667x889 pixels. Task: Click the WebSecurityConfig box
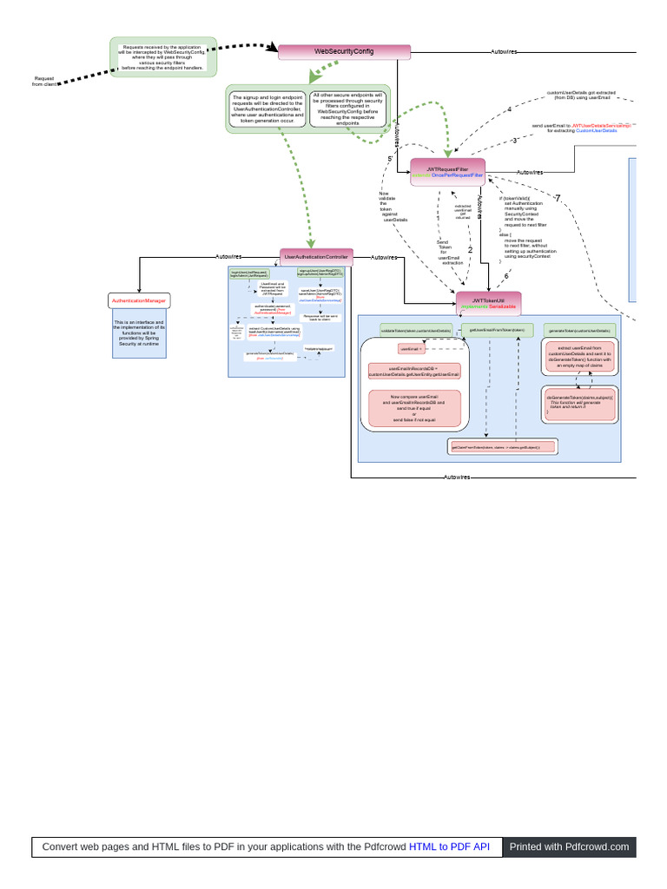click(x=344, y=52)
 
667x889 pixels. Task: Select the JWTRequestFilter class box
click(x=447, y=172)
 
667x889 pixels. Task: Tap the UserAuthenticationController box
click(x=316, y=257)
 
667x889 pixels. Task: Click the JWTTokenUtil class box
click(x=488, y=304)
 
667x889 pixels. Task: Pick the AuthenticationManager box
click(x=139, y=300)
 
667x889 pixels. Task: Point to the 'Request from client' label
click(x=43, y=82)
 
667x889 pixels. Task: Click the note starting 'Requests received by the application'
click(x=163, y=57)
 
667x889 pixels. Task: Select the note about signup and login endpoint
click(x=267, y=109)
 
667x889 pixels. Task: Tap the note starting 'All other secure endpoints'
click(x=347, y=109)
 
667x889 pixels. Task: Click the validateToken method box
click(x=416, y=331)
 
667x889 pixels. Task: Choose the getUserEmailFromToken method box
click(x=498, y=330)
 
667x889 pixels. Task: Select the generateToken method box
click(x=579, y=331)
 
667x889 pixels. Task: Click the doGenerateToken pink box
click(x=580, y=405)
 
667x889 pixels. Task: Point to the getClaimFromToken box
click(x=502, y=447)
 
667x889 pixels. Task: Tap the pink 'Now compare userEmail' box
click(x=414, y=408)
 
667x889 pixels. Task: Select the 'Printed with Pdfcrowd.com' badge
click(x=569, y=846)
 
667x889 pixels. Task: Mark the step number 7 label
click(x=558, y=198)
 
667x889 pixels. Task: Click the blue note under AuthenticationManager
click(x=139, y=333)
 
